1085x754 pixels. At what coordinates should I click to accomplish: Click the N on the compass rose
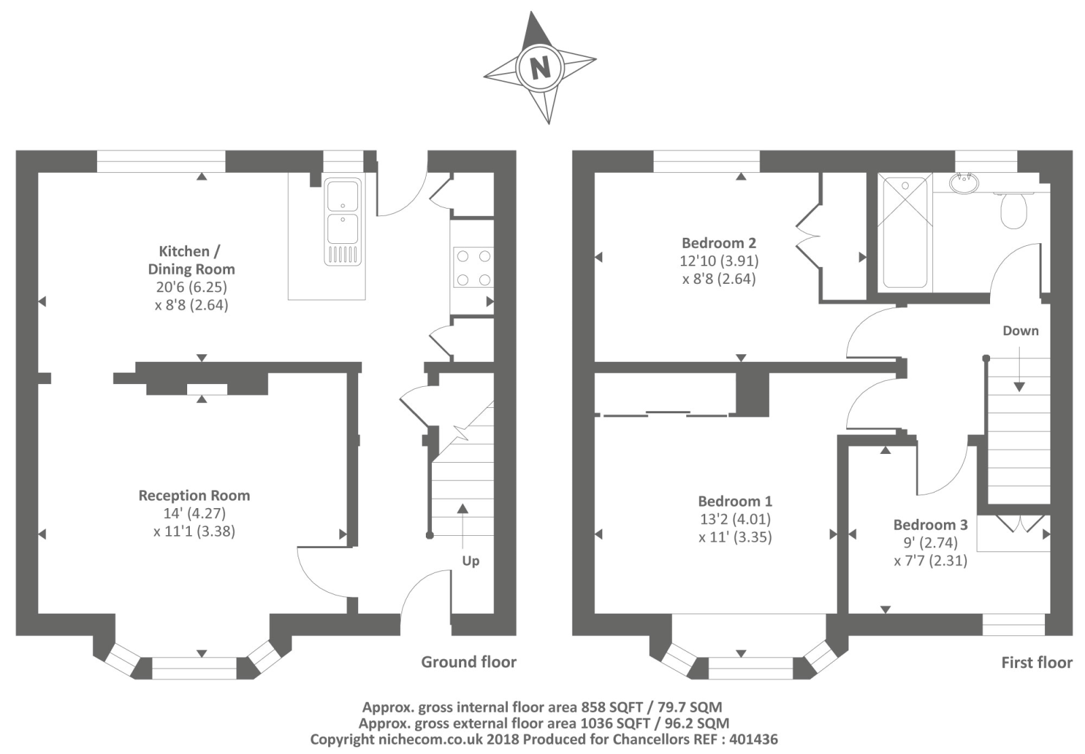coord(540,67)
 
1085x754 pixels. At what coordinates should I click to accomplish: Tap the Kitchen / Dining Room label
coord(191,260)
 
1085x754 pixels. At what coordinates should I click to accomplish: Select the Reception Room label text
coord(194,496)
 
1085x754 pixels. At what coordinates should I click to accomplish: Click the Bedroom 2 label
coord(719,243)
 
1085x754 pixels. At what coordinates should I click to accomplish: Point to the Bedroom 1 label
coord(735,501)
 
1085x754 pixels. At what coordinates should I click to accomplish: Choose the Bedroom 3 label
coord(930,524)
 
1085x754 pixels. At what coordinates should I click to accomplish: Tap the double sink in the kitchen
coord(343,221)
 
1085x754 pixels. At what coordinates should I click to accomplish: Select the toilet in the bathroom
coord(1013,209)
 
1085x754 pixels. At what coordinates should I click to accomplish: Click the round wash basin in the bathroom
coord(964,183)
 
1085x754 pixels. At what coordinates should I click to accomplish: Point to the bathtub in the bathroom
coord(905,232)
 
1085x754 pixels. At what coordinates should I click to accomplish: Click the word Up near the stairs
coord(471,561)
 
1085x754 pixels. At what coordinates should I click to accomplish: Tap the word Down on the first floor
coord(1021,331)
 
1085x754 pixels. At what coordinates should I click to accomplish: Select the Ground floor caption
coord(469,662)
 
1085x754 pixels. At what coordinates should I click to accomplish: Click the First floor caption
coord(1037,663)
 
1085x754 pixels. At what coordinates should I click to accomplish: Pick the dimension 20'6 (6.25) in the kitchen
coord(191,287)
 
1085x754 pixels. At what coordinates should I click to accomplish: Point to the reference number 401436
coord(753,739)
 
